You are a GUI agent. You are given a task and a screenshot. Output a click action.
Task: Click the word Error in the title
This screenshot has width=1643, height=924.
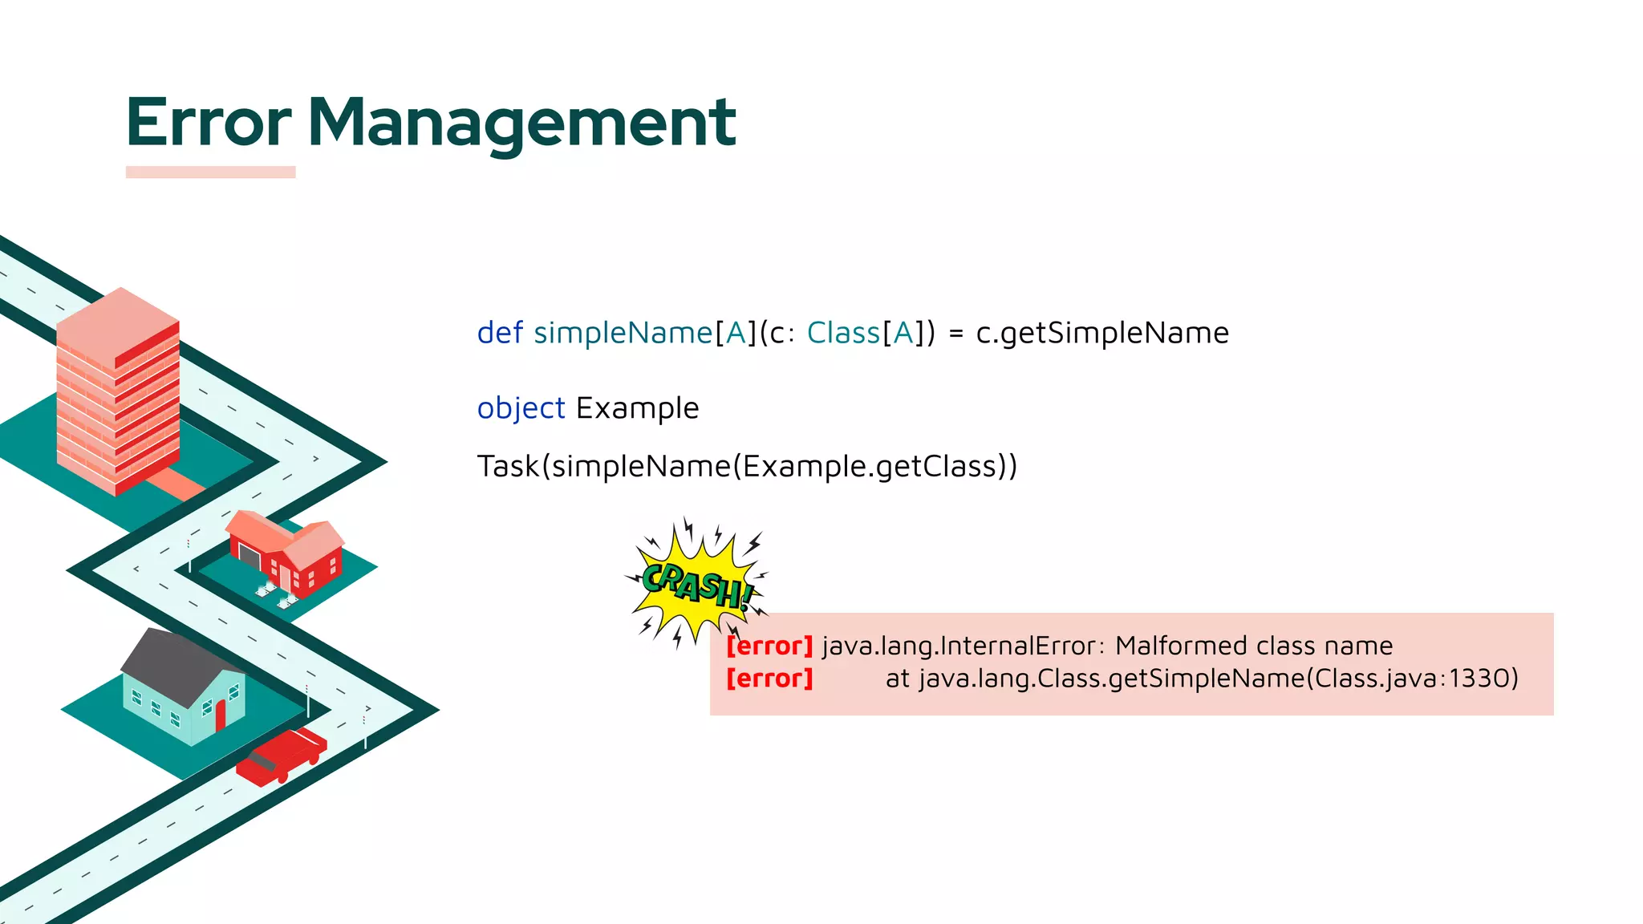point(209,123)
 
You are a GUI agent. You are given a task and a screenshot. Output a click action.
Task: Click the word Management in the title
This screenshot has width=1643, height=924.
point(521,123)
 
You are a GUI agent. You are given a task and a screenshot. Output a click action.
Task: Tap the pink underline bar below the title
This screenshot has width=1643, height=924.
point(210,172)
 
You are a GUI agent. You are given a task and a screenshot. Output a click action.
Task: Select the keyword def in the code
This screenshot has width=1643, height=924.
point(500,333)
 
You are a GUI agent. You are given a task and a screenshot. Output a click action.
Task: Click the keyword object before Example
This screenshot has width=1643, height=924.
point(521,408)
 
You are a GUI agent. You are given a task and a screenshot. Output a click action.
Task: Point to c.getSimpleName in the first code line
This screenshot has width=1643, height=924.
point(1101,333)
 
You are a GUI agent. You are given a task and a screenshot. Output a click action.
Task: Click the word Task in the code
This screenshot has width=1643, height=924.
point(508,466)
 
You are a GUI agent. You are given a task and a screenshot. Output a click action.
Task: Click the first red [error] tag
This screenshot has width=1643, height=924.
point(769,646)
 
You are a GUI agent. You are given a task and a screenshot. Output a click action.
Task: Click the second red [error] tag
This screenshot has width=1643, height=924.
point(769,679)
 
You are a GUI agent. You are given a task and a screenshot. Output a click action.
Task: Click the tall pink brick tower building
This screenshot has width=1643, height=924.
point(118,393)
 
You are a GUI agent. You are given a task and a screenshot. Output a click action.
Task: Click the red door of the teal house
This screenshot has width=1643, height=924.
point(221,715)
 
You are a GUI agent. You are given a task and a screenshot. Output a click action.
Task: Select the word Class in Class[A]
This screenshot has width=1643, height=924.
point(842,333)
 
